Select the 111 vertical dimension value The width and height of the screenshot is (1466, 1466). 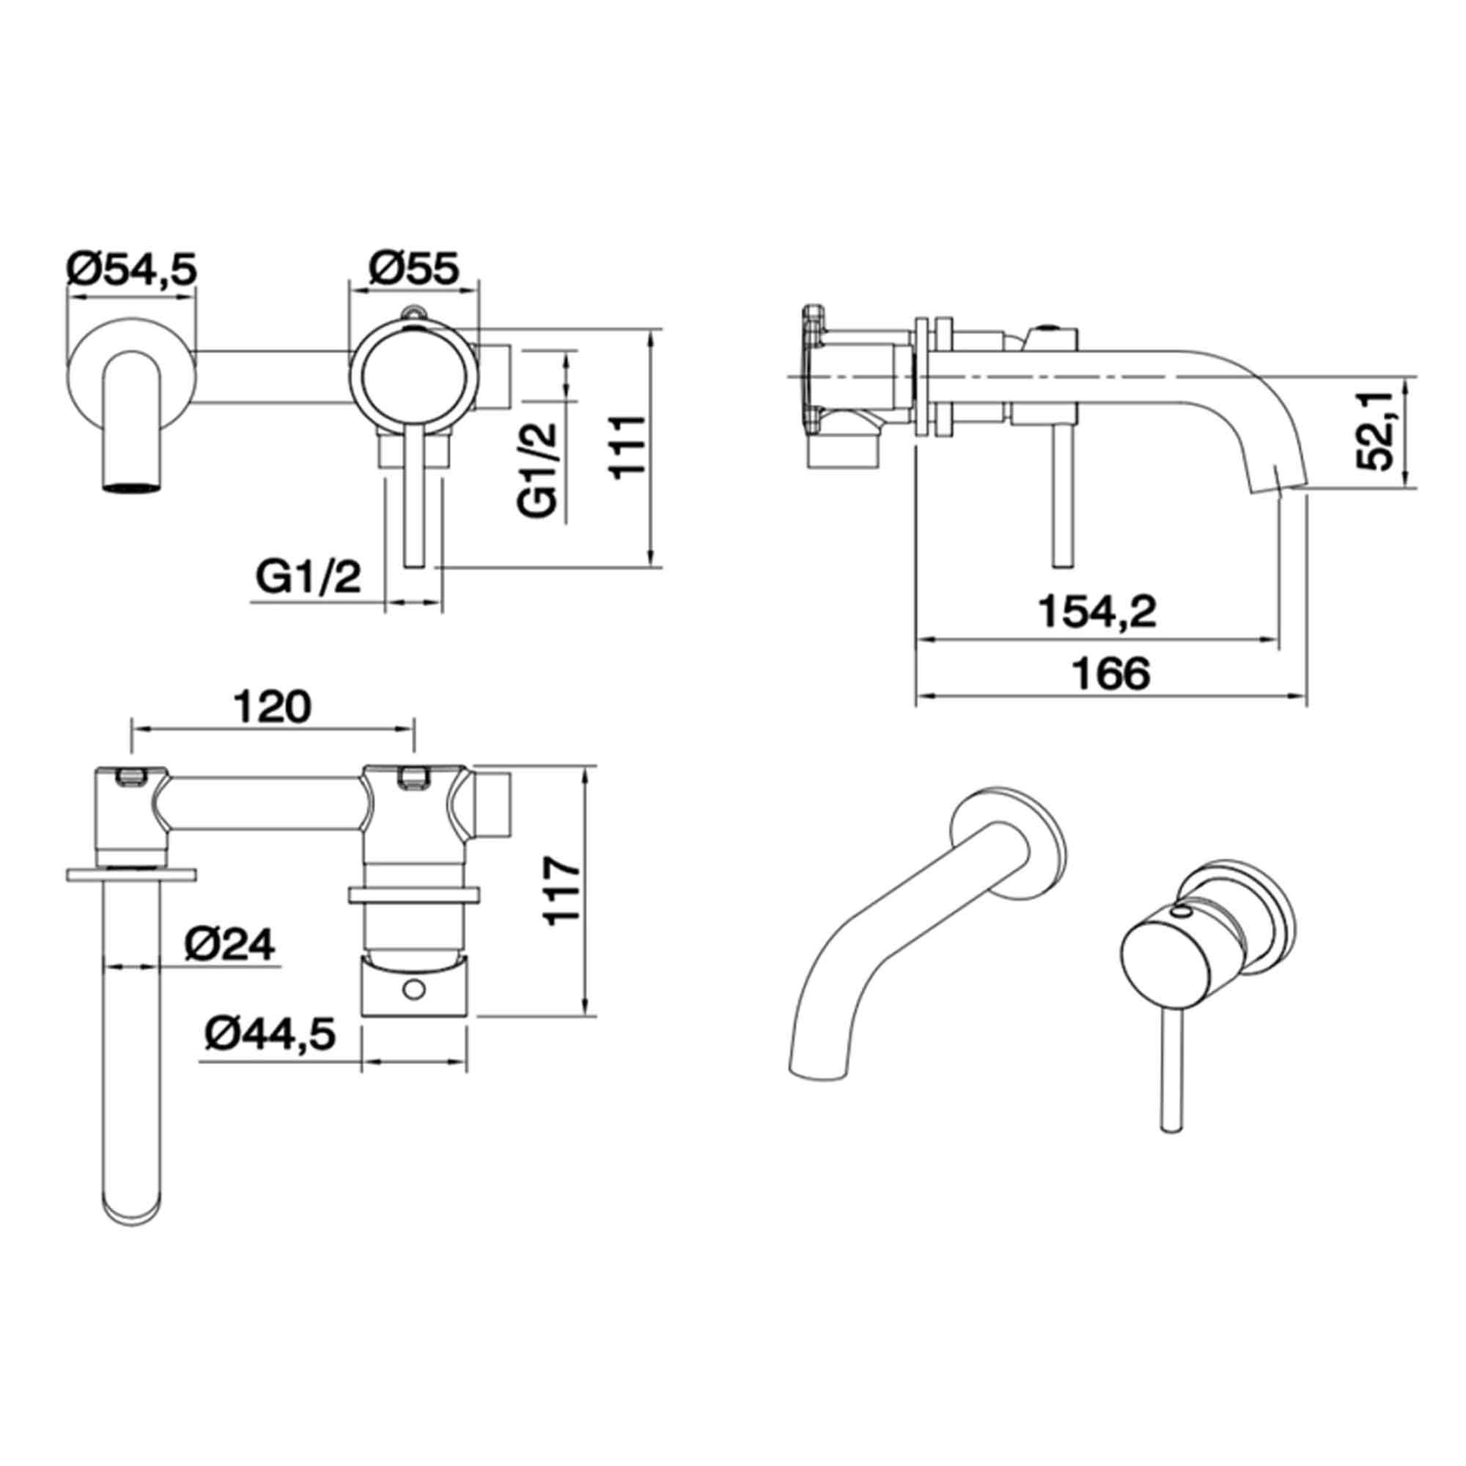pos(629,446)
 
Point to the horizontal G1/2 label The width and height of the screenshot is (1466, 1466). pos(308,578)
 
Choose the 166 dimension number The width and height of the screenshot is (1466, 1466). pos(1113,673)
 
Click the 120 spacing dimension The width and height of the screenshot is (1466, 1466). pos(272,707)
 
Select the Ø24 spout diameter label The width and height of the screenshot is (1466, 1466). pos(229,946)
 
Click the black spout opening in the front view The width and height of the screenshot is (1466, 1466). pos(132,487)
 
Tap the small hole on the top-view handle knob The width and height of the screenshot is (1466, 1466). pos(413,989)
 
